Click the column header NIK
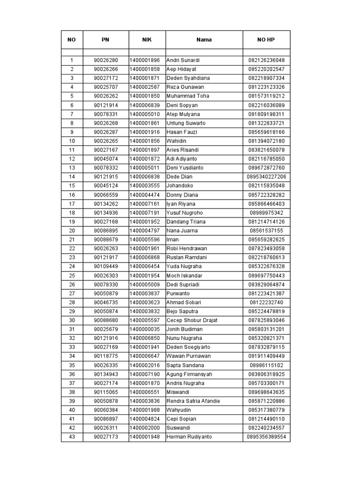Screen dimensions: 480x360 147,40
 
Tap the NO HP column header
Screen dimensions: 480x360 266,40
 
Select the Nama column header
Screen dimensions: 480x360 204,40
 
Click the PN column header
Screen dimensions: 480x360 105,40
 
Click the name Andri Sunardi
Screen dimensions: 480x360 183,60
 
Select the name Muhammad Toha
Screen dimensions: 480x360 188,96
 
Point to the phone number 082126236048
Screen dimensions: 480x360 266,60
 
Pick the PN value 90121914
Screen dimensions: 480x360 105,105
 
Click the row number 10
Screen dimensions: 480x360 72,141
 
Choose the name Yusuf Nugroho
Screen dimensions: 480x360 186,213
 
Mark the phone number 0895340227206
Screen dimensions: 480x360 266,177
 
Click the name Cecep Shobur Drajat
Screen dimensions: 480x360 192,321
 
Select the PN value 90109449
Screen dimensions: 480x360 105,267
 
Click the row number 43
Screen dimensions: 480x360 72,437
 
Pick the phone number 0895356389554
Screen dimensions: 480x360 266,437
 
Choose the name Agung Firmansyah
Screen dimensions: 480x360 189,374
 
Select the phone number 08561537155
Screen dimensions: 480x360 266,231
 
